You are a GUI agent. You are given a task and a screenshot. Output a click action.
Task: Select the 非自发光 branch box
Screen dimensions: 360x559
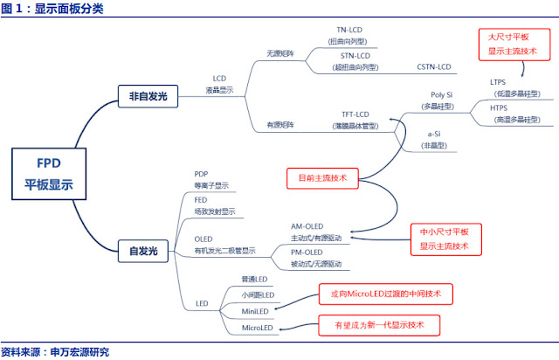click(x=147, y=96)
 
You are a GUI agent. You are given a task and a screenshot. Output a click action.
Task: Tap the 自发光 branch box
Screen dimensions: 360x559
click(x=142, y=251)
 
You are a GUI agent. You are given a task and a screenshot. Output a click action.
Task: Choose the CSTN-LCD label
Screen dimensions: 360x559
click(x=433, y=66)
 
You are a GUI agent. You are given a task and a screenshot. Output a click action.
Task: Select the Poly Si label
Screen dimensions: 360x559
click(x=442, y=93)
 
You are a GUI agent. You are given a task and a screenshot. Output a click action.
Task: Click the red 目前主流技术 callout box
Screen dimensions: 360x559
click(x=322, y=177)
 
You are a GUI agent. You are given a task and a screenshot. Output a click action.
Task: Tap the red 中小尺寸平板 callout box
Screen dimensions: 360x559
click(x=444, y=239)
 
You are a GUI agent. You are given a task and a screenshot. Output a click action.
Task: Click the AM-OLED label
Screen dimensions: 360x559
click(x=307, y=225)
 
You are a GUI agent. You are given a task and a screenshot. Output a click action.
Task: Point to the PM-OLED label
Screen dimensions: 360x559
click(x=307, y=252)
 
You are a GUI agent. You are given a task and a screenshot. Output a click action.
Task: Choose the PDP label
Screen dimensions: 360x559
click(x=202, y=174)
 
